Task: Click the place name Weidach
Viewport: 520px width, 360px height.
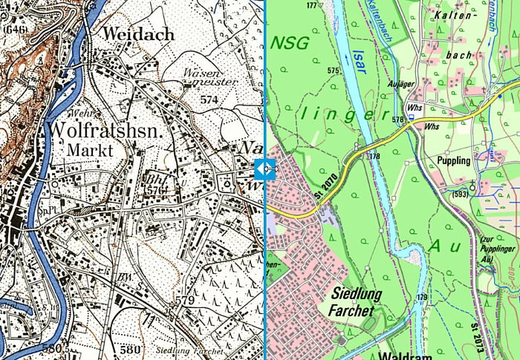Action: [138, 33]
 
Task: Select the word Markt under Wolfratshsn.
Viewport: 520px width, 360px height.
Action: [90, 150]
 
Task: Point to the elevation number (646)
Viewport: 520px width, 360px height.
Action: [14, 30]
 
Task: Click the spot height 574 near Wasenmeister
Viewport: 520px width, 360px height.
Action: [209, 99]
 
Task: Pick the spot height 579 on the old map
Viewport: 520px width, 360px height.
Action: [184, 301]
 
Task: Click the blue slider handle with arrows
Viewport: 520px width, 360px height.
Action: [265, 169]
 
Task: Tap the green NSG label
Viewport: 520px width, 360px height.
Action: [290, 43]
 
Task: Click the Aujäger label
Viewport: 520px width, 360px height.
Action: [400, 84]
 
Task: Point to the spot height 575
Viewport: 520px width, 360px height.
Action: [333, 71]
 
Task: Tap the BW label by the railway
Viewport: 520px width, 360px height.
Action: [126, 278]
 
